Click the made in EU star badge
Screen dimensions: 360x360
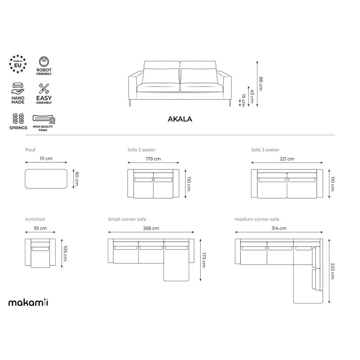point(18,64)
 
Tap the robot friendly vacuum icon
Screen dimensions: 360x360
point(44,62)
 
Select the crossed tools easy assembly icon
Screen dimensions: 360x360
point(44,89)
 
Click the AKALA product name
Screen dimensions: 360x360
point(180,119)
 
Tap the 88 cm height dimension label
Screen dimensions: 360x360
point(261,84)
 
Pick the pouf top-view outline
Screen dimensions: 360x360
point(46,179)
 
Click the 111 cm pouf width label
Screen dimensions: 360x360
point(46,159)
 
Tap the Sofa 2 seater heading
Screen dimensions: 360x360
point(141,150)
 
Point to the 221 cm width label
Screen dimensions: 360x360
point(287,159)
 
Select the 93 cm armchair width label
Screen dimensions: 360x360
point(40,229)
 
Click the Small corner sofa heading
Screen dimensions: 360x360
point(127,219)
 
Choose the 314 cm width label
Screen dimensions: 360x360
point(279,229)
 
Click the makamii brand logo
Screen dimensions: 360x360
point(28,302)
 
